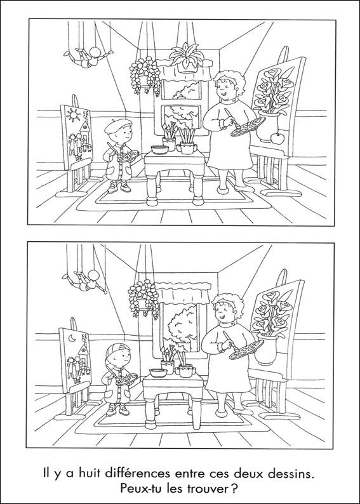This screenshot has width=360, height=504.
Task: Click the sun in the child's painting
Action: point(74,115)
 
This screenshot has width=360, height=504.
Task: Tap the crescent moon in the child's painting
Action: point(72,338)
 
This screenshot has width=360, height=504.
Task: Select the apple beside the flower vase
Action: point(277,138)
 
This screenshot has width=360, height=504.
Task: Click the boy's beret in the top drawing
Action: point(118,124)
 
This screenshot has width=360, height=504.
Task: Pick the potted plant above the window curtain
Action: point(187,58)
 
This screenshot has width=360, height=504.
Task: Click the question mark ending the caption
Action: point(235,489)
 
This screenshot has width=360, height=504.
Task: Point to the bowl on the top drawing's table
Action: point(160,149)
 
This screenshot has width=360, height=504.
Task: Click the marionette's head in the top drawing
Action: point(95,52)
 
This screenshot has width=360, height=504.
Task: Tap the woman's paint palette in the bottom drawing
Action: point(246,350)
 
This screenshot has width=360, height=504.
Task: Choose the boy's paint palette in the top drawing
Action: point(128,156)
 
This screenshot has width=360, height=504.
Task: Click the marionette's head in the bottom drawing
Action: point(93,275)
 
